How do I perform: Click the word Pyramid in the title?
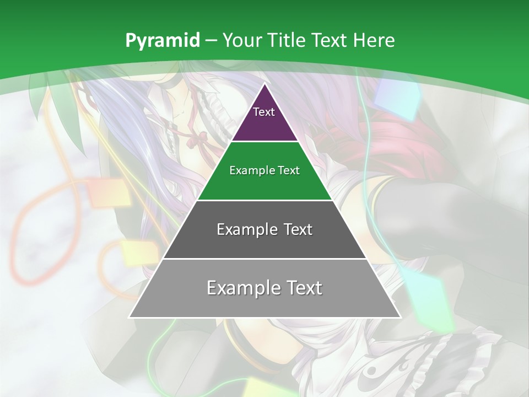[x=162, y=41]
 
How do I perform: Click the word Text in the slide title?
[x=330, y=40]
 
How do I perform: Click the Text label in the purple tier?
[x=264, y=112]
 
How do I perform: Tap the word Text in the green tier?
[x=289, y=171]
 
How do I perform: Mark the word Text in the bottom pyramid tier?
[x=304, y=288]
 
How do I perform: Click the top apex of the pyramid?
[x=264, y=84]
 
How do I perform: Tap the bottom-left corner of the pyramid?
[x=129, y=317]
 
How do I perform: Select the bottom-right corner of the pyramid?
[x=400, y=317]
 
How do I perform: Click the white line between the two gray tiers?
[x=264, y=259]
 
